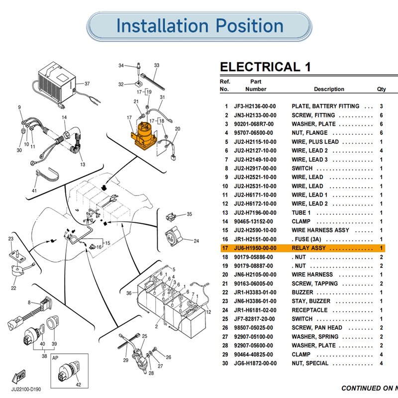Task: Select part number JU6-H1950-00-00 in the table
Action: coord(255,248)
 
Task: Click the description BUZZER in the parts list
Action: coord(302,293)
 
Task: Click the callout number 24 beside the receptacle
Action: coord(196,241)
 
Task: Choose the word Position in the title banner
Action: coord(250,26)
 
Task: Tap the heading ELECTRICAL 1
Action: coord(265,67)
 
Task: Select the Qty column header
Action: coord(381,90)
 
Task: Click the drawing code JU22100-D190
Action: coord(26,390)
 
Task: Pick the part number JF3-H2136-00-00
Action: coord(255,106)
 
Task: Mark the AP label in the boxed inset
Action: coord(55,358)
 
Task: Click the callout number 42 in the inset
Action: coord(79,385)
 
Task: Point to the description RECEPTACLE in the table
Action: coord(309,310)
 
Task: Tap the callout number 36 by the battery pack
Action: coord(129,293)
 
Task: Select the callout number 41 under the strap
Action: coord(34,191)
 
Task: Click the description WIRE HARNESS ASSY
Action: coord(320,230)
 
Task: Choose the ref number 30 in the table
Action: coord(225,363)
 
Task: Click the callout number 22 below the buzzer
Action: coord(13,288)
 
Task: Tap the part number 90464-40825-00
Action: coord(254,354)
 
